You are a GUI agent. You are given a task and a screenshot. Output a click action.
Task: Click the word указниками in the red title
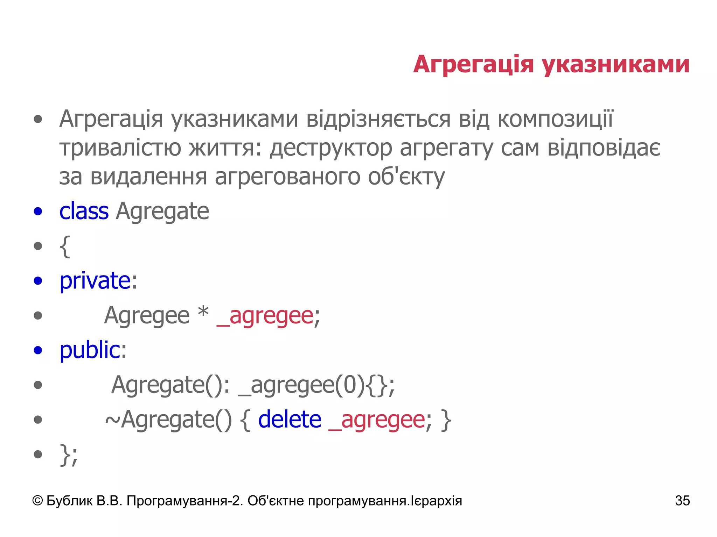click(616, 65)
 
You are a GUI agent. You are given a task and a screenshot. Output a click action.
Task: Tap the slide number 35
click(682, 501)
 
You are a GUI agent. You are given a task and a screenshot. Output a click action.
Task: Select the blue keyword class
click(84, 211)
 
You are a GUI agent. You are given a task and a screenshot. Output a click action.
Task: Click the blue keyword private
click(95, 281)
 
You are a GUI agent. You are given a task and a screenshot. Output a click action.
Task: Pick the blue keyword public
click(90, 350)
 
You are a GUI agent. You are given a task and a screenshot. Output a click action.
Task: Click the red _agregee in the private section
click(265, 316)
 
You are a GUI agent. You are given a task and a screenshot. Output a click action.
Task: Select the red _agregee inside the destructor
click(377, 420)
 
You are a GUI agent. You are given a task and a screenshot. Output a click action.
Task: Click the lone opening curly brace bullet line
click(65, 246)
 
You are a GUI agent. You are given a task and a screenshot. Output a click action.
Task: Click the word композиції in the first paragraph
click(555, 119)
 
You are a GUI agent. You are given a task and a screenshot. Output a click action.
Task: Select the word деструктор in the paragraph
click(330, 148)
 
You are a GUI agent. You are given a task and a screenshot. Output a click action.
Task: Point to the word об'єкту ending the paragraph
click(406, 177)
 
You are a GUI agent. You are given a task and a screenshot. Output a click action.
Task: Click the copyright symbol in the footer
click(37, 501)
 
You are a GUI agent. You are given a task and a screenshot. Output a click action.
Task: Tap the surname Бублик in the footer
click(69, 501)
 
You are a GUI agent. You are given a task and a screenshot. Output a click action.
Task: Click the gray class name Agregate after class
click(162, 211)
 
